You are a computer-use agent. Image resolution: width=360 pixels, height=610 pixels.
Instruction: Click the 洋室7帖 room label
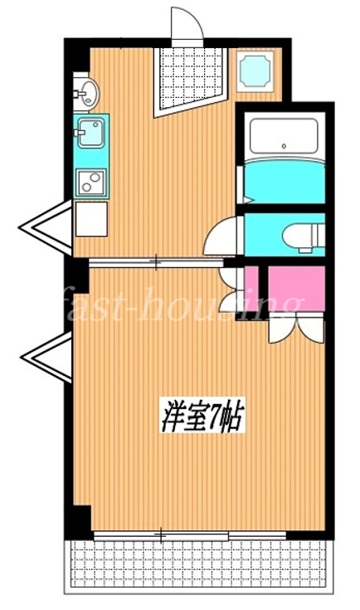coord(203,417)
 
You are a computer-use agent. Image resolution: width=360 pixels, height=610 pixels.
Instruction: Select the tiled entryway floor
coord(190,80)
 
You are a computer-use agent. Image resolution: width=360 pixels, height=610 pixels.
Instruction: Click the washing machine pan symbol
coord(255,71)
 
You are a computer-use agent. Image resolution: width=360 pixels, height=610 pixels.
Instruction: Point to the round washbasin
coord(89,93)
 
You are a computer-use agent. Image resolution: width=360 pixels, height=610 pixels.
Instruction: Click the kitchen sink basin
coord(91,133)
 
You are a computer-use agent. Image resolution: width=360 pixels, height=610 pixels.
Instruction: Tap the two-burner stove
coord(91,183)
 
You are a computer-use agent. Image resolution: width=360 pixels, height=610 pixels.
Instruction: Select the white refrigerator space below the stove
coord(91,219)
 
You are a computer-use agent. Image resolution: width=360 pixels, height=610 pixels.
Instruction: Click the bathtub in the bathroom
coord(284,136)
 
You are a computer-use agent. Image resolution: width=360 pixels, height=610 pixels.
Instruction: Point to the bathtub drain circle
coord(284,146)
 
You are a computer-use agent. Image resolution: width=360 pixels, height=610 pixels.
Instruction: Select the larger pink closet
coord(296,289)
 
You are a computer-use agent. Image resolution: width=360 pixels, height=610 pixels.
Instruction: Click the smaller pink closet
coord(251,289)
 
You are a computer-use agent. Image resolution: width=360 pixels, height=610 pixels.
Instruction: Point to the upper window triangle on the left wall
coord(46,227)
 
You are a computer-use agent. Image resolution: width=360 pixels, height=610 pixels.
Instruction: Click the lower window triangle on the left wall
coord(46,357)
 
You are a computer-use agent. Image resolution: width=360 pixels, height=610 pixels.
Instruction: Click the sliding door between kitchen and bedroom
coord(156,262)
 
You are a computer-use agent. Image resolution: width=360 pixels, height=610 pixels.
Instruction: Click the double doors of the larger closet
coord(296,328)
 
